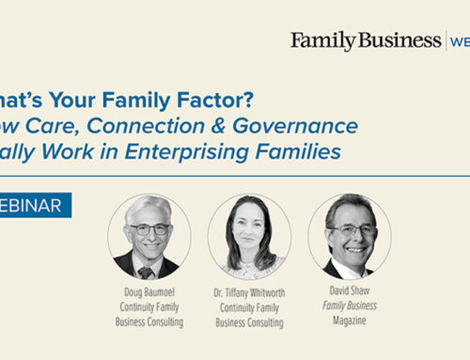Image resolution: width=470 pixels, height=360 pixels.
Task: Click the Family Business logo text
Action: click(365, 40)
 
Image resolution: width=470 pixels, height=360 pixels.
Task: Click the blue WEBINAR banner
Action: click(35, 206)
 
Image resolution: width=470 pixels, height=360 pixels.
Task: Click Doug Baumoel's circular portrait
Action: click(149, 235)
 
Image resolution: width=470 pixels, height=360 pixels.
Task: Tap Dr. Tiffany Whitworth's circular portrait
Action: click(248, 235)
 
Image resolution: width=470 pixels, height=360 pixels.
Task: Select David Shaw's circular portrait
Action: click(349, 235)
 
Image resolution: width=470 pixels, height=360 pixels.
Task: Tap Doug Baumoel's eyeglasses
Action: click(149, 230)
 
